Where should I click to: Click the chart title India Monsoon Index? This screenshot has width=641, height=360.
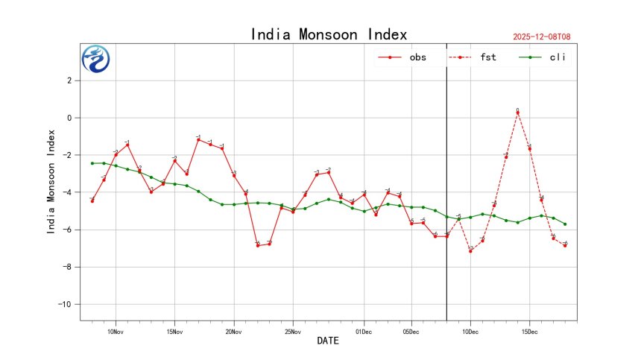coord(329,34)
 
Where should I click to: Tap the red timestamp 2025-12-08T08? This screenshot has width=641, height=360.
coord(547,36)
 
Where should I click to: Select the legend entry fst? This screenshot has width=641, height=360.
coord(488,57)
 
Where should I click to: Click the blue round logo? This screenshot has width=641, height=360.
coord(95,59)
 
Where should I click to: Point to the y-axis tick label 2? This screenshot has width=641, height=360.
coord(69,80)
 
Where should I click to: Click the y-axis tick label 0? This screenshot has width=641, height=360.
coord(69,118)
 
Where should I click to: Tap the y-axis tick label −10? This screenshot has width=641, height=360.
coord(65,304)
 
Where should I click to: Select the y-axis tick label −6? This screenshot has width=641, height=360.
coord(67,230)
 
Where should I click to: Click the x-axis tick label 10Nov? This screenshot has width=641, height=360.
coord(116,332)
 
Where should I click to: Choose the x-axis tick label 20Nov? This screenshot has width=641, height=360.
coord(234,332)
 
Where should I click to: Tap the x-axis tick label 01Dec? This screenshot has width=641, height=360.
coord(364,332)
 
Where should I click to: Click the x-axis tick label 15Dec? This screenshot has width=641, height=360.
coord(530,332)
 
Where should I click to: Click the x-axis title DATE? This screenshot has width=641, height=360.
coord(328,341)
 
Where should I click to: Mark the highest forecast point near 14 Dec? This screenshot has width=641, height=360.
coord(517,113)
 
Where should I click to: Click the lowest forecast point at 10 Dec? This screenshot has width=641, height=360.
coord(470,250)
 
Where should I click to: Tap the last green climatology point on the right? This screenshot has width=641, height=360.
coord(565,224)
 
